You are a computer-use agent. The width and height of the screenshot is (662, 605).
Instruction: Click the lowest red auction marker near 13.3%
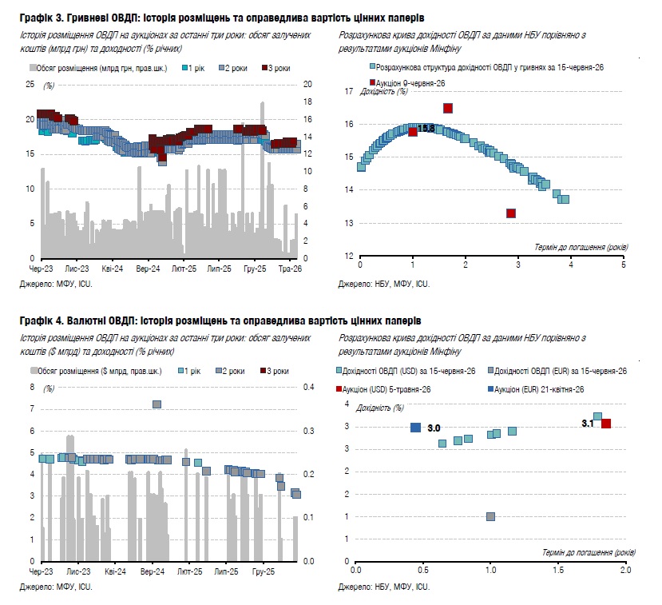tap(511, 213)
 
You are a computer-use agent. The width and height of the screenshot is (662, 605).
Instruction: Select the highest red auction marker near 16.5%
tap(448, 109)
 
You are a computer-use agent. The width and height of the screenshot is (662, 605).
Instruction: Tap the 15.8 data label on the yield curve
tap(426, 128)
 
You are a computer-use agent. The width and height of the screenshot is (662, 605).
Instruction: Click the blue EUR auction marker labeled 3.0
tap(415, 428)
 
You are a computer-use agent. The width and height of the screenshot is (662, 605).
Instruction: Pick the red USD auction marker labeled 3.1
tap(606, 424)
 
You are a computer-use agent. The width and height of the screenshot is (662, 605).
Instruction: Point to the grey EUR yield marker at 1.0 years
tap(490, 516)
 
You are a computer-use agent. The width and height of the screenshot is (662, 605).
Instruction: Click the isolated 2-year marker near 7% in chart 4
tap(157, 404)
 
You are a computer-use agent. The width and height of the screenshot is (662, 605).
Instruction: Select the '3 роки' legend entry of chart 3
tap(276, 68)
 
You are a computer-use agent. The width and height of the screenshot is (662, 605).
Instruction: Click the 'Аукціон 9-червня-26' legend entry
tap(407, 83)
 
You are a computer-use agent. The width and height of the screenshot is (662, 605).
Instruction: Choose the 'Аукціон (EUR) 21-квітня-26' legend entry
tap(536, 389)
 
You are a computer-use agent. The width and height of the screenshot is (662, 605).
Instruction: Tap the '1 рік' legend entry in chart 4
tap(189, 371)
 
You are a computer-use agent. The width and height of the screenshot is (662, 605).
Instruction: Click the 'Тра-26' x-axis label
tap(290, 269)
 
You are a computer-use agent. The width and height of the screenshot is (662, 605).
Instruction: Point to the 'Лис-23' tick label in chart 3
tap(77, 269)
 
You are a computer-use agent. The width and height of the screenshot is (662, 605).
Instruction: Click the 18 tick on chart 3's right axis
tap(307, 101)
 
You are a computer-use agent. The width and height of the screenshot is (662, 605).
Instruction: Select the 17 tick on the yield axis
tap(349, 91)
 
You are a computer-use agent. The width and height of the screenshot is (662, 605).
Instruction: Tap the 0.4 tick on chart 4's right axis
tap(308, 387)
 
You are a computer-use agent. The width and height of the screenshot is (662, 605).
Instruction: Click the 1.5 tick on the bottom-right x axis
tap(558, 570)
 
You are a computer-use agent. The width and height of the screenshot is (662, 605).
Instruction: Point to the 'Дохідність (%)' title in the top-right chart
tap(384, 91)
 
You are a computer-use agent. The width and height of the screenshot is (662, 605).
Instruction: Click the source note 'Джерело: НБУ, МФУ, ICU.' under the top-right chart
tap(384, 284)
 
